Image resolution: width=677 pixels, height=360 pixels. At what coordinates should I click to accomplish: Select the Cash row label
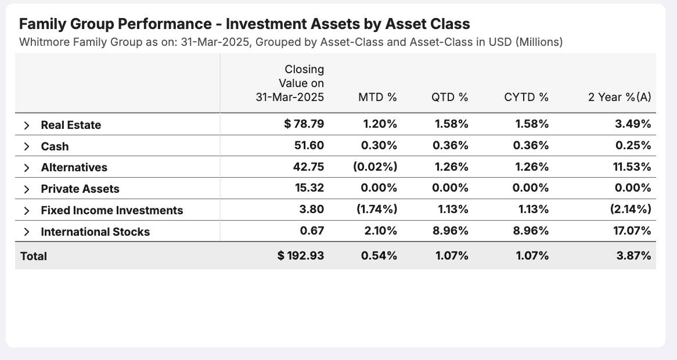(55, 146)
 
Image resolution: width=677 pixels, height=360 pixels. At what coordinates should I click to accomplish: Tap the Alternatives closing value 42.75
(309, 167)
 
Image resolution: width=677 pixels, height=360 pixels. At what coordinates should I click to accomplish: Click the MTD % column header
(377, 97)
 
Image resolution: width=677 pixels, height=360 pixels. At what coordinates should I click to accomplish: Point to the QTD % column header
(449, 97)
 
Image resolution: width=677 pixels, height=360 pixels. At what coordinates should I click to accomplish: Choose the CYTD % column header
(526, 97)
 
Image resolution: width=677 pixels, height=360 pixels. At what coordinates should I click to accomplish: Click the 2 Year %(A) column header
(620, 97)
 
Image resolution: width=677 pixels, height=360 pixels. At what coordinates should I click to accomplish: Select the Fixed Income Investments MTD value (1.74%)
(376, 210)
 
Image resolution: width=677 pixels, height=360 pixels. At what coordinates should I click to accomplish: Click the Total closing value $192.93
(301, 255)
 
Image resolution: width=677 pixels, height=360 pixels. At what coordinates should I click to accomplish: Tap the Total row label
(34, 256)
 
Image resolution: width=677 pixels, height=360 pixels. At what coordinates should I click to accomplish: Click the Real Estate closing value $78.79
(304, 124)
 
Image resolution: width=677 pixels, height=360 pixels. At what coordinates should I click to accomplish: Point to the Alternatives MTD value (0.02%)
(375, 167)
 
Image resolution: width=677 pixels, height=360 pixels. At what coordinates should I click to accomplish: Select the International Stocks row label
(95, 232)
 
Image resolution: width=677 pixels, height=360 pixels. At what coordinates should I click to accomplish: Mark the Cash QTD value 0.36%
(451, 146)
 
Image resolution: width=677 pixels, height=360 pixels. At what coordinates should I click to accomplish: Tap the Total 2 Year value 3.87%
(633, 255)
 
